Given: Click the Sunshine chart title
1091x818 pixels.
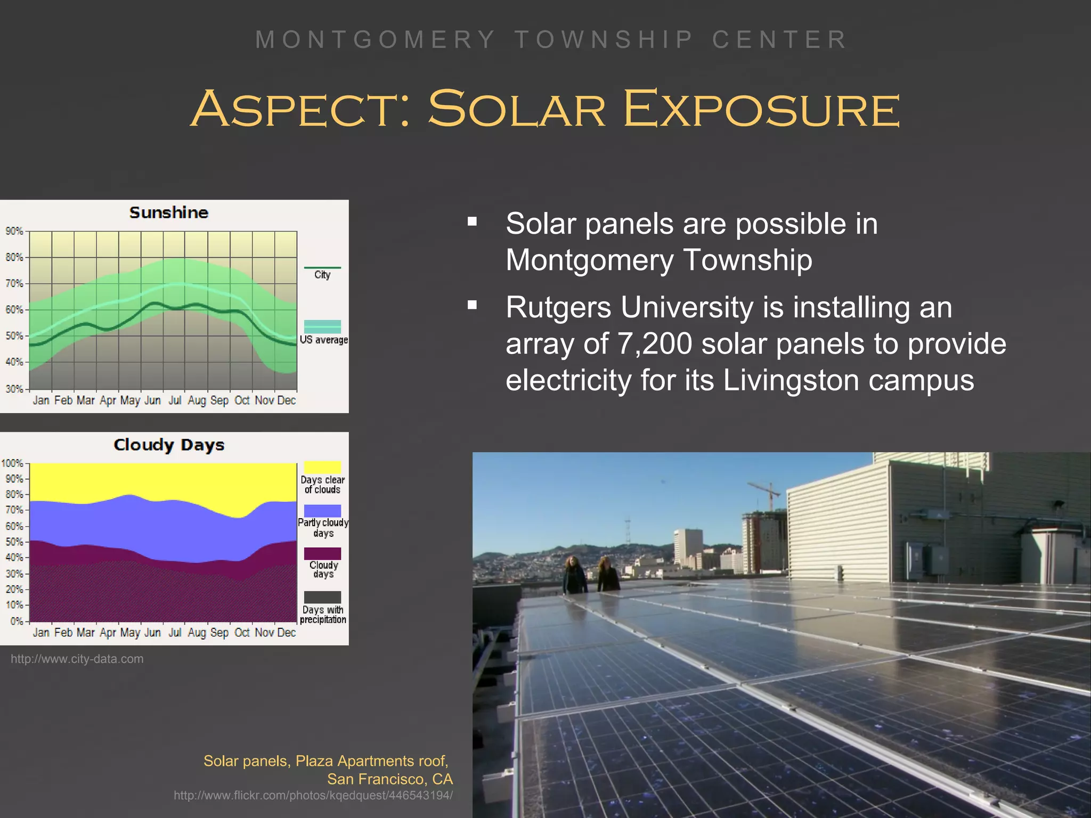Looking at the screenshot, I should [168, 212].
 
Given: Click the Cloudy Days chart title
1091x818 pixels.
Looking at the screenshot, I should [169, 445].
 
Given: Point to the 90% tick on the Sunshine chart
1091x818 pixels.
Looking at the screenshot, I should [14, 231].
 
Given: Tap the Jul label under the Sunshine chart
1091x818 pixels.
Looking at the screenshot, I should [175, 400].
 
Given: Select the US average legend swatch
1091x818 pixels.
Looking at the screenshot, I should [322, 326].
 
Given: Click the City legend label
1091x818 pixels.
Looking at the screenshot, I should [322, 275].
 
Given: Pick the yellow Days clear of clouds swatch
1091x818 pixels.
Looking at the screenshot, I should [322, 467].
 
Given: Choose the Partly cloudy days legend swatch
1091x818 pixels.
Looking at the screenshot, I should [322, 511].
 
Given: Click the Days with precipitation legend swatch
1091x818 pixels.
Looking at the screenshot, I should [322, 597].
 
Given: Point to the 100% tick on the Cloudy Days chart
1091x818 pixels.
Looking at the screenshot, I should [12, 463].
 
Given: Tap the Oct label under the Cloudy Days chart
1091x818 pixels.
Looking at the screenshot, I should [242, 633].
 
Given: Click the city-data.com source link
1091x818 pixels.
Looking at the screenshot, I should [77, 659].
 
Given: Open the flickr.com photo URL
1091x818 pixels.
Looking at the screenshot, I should [313, 796].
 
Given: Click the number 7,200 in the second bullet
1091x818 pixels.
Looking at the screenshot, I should [655, 343].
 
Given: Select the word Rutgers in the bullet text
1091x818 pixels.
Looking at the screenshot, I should [558, 307].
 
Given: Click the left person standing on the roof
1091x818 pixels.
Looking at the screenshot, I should [574, 575].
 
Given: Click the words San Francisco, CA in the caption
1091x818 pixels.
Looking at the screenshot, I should [390, 779].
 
